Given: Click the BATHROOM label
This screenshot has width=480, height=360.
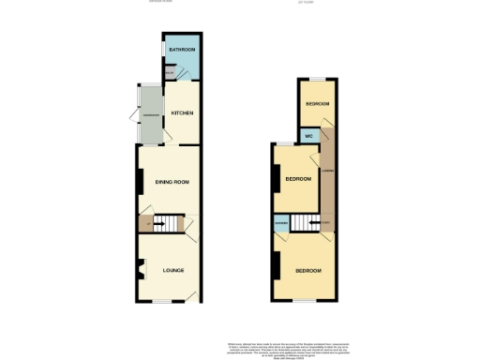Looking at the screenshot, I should coord(181,50).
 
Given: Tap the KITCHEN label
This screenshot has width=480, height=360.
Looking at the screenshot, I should coord(181,113).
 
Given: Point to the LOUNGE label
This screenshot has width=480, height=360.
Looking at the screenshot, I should coord(172,270).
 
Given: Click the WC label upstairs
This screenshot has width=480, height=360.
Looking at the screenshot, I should coord(307,137).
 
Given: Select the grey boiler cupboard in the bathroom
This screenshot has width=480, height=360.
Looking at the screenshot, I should coord(169,72).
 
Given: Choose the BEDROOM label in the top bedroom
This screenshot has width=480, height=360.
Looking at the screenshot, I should coord(316,103).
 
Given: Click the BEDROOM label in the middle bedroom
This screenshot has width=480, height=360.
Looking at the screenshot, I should coord(298,179).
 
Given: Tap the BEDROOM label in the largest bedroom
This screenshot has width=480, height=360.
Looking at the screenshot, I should coord(307,270).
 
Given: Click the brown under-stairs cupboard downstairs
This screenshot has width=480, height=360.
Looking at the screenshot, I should coord(145,223).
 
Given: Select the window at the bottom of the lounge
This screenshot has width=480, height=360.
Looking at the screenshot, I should coord(165,302).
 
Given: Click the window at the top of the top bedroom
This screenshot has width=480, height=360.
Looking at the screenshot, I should coord(317,78).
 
